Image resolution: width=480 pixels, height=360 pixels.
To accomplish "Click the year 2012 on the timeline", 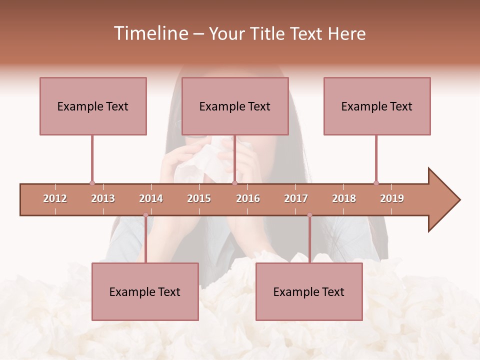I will pyautogui.click(x=55, y=198).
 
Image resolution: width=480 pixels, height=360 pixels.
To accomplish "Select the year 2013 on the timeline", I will pyautogui.click(x=103, y=198).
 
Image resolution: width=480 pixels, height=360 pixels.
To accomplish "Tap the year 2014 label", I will pyautogui.click(x=151, y=198).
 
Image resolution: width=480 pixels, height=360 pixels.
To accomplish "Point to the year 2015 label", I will pyautogui.click(x=199, y=198).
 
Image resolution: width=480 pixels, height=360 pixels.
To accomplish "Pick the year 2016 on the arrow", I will pyautogui.click(x=248, y=198).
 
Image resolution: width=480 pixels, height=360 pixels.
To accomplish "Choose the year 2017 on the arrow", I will pyautogui.click(x=296, y=198).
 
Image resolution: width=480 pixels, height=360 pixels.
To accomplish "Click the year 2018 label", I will pyautogui.click(x=344, y=198).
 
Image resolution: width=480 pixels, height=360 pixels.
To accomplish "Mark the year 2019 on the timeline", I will pyautogui.click(x=392, y=198).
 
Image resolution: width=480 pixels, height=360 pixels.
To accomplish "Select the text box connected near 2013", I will pyautogui.click(x=93, y=106).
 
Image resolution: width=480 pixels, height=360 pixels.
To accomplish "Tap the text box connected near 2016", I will pyautogui.click(x=235, y=106).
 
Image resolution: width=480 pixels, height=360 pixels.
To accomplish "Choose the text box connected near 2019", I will pyautogui.click(x=377, y=106).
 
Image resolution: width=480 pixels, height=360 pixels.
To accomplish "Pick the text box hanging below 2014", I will pyautogui.click(x=145, y=291).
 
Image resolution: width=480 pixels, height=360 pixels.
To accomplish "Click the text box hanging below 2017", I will pyautogui.click(x=309, y=291).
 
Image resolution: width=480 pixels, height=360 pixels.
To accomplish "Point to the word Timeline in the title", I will pyautogui.click(x=150, y=33).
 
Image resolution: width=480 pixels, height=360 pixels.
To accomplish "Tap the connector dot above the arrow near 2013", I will pyautogui.click(x=92, y=183).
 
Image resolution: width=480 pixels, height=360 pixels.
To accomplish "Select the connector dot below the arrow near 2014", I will pyautogui.click(x=145, y=215).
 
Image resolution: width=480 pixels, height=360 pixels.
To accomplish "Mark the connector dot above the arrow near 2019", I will pyautogui.click(x=376, y=183).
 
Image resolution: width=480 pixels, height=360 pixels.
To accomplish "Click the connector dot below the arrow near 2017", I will pyautogui.click(x=309, y=215).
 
